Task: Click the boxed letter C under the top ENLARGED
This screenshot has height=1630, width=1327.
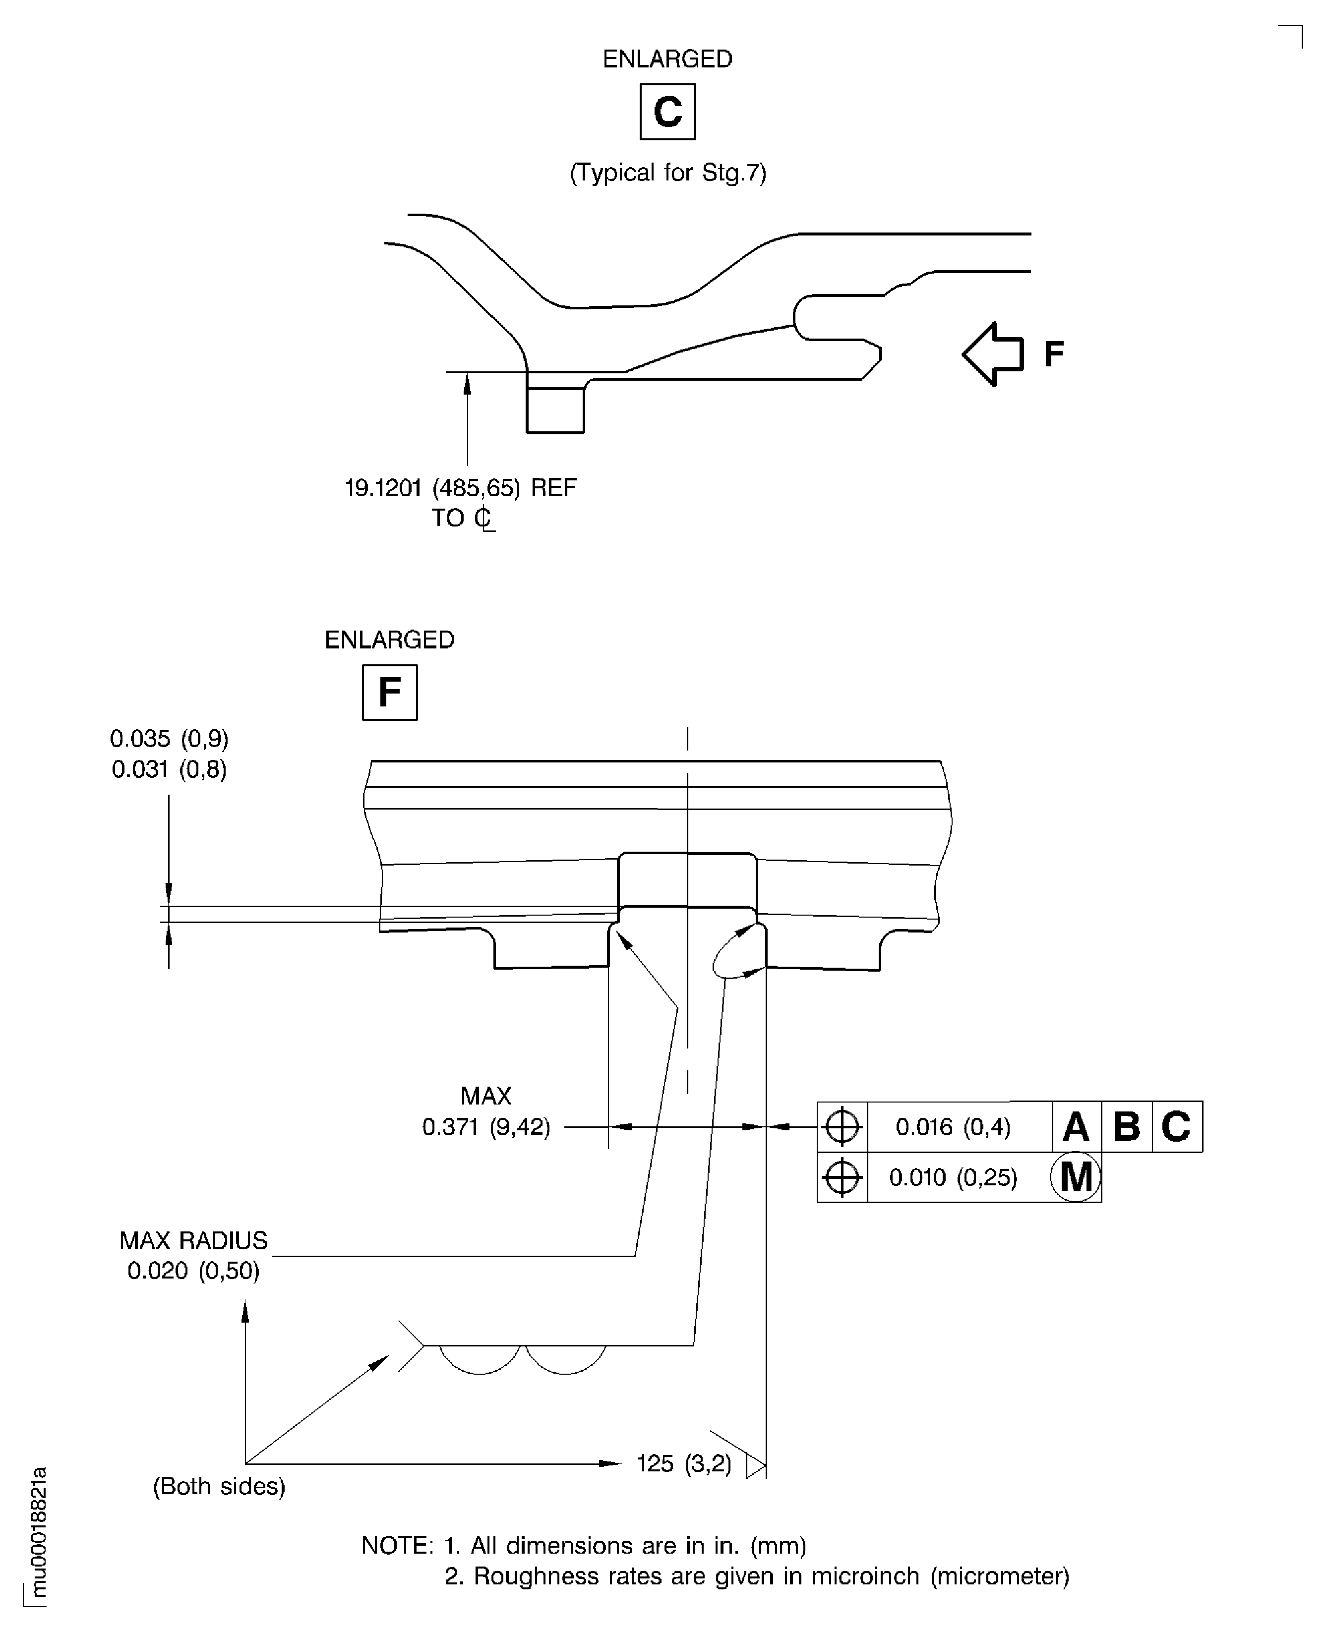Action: click(667, 112)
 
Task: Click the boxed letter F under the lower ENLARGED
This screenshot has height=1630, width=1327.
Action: click(390, 693)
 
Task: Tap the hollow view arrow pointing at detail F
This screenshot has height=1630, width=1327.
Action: click(993, 354)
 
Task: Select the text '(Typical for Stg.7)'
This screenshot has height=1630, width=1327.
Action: click(668, 173)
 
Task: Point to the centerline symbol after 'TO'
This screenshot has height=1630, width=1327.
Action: click(484, 518)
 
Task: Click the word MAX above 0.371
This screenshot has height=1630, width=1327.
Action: click(486, 1096)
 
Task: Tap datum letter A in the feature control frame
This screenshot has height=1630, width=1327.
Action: click(1076, 1126)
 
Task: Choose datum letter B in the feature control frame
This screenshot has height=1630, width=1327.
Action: click(1127, 1126)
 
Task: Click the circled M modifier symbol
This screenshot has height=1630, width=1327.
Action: click(1076, 1177)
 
